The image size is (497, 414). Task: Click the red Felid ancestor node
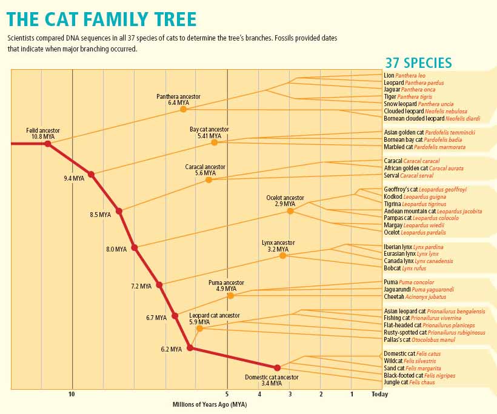click(47, 144)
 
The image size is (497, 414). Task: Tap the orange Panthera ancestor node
click(184, 109)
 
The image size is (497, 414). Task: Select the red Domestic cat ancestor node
click(277, 368)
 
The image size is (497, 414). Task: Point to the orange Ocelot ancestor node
click(290, 211)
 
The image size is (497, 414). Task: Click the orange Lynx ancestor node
click(282, 256)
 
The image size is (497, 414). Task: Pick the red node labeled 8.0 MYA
click(135, 247)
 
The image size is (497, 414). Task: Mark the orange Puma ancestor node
click(230, 296)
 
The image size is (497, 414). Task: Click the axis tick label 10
click(72, 394)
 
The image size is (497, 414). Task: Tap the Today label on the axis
click(380, 394)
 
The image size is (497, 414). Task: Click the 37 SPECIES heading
click(418, 63)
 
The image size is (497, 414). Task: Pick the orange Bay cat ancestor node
click(214, 142)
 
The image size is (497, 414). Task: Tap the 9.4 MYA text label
click(73, 179)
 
